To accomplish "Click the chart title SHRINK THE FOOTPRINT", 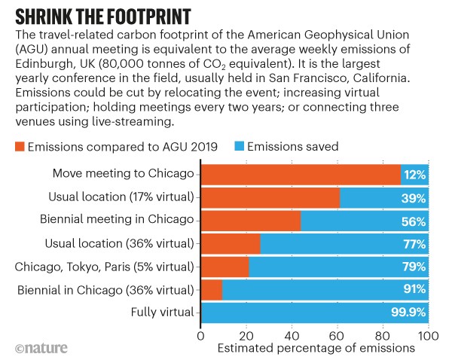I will pos(105,16).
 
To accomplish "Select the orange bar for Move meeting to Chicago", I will pos(300,175).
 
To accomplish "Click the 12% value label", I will pos(415,175).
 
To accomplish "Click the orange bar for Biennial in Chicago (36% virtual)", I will pos(211,289).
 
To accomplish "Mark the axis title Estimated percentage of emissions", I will pos(314,349).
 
